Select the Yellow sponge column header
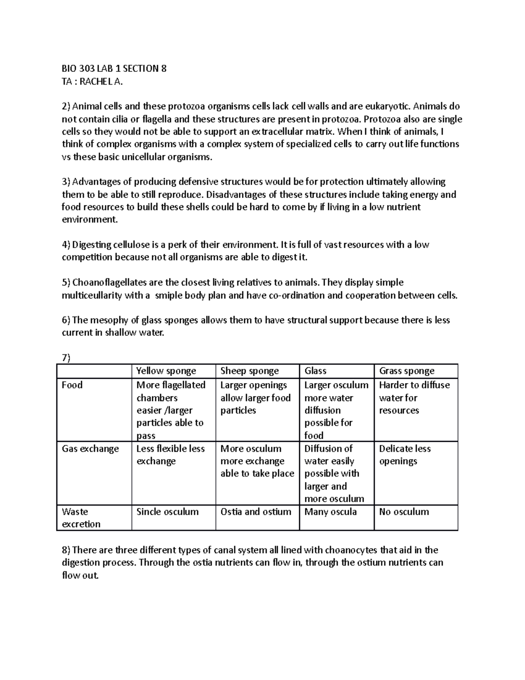click(166, 371)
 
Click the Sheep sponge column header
click(249, 371)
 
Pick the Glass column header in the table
click(315, 371)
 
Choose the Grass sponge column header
click(406, 371)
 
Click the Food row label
click(72, 385)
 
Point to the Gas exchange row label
click(90, 449)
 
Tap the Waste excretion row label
click(81, 518)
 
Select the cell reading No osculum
click(404, 512)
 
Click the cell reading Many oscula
click(330, 512)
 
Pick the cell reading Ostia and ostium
click(255, 512)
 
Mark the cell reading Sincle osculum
click(167, 512)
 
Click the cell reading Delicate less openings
click(405, 455)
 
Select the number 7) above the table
click(66, 358)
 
